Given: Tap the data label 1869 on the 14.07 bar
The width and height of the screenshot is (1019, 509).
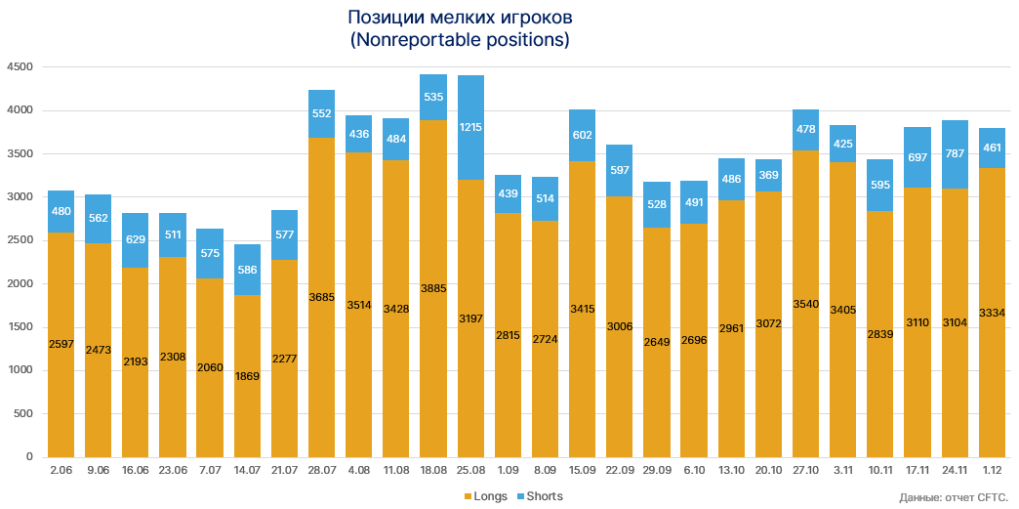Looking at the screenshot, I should pos(247,377).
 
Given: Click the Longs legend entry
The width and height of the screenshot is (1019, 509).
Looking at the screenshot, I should pos(485,496).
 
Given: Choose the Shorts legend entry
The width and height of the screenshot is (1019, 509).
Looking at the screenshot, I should pos(539,496).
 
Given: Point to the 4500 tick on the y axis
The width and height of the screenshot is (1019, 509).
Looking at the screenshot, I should pos(20,67).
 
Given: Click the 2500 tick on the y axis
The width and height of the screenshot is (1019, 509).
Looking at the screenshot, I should pos(20,240).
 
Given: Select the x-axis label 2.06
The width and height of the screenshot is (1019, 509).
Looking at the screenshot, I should pos(61,470).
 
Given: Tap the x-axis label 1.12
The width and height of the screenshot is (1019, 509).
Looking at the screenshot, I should pos(992,470).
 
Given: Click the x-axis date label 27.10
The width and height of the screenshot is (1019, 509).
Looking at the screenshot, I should pos(805,470).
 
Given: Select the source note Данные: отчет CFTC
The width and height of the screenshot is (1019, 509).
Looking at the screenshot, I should pos(953,498).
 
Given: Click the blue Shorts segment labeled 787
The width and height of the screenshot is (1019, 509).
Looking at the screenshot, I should pos(955,154).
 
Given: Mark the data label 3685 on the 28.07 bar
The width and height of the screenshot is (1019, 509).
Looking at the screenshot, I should pos(321,297).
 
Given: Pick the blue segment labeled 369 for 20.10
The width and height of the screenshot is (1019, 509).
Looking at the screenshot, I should pos(768,175).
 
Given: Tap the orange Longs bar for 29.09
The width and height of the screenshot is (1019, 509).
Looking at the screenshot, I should pos(657,342).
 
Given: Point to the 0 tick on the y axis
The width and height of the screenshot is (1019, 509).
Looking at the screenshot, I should pos(29,456).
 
